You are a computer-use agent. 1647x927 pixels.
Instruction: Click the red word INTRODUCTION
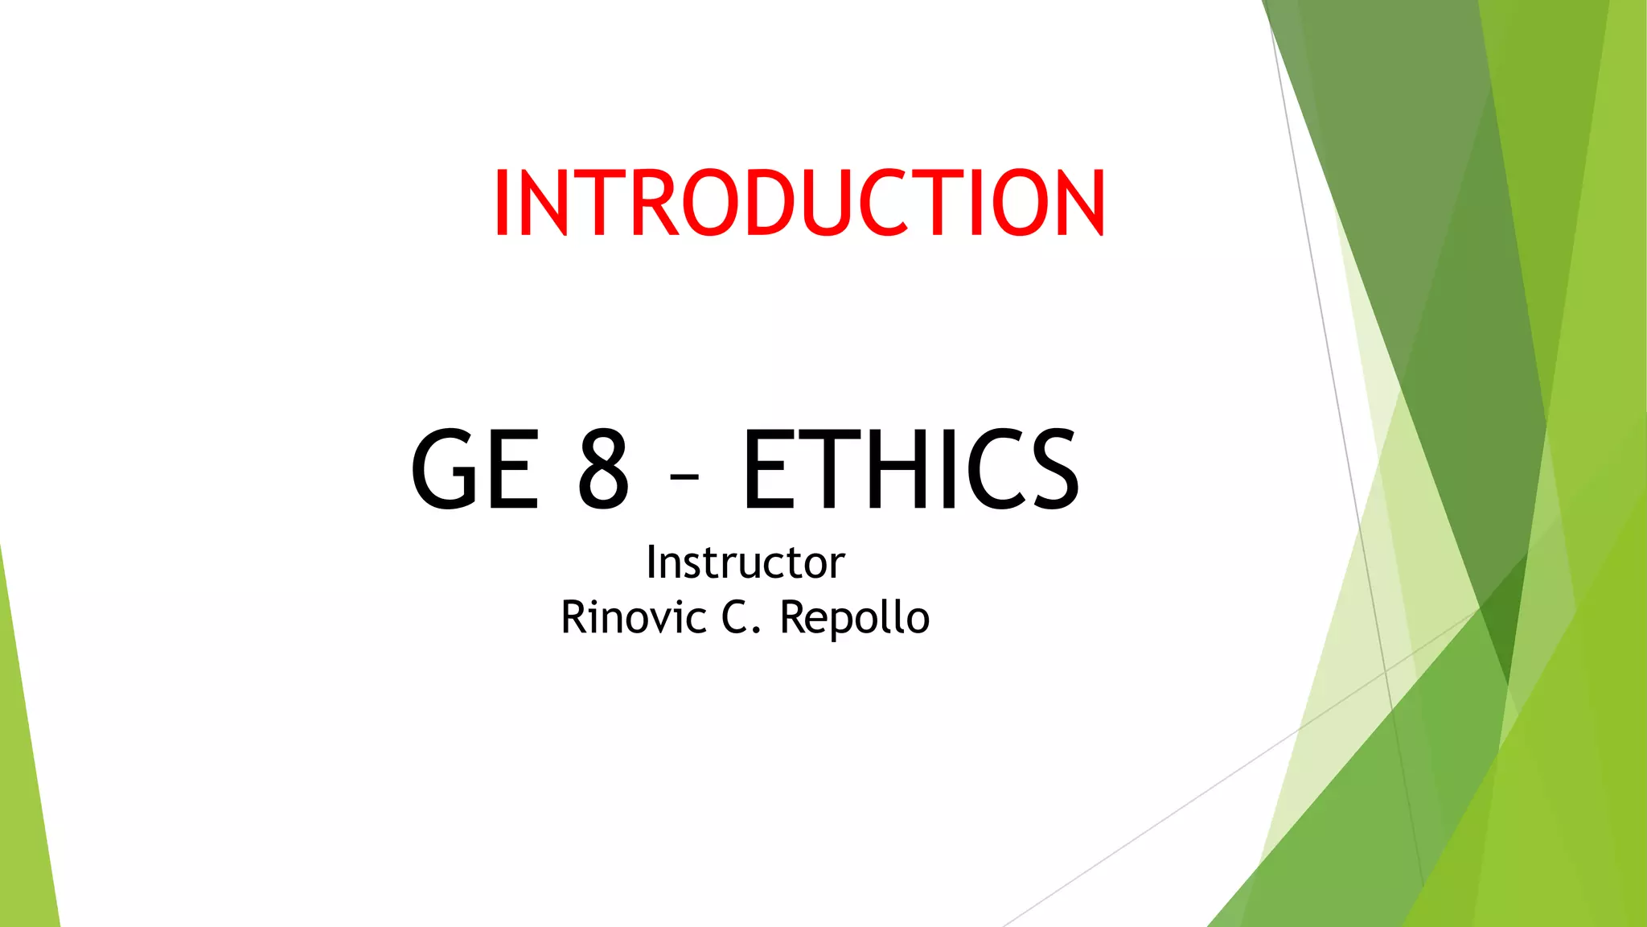799,203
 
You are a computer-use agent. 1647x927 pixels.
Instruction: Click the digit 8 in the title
603,469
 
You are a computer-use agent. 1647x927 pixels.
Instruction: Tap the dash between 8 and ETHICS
684,478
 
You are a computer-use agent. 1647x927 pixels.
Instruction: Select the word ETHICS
911,469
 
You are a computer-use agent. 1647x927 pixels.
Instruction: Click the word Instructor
745,562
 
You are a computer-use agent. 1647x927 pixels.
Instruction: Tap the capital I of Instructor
651,562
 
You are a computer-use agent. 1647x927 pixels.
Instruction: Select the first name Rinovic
634,618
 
